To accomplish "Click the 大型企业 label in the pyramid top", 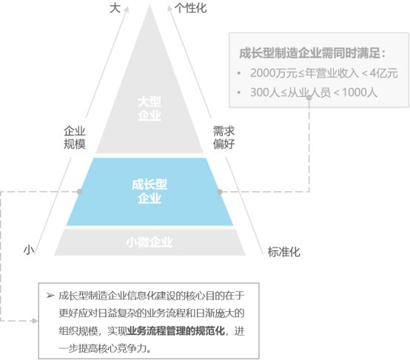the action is click(x=149, y=109).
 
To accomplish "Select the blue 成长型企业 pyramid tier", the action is click(x=149, y=191).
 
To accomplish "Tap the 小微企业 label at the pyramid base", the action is click(x=149, y=242).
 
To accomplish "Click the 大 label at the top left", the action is click(x=115, y=8).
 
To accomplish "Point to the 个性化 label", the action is click(x=191, y=8).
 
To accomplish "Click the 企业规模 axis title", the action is click(x=75, y=137).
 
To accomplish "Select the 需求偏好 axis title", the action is click(x=224, y=137).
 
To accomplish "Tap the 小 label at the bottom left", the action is click(x=29, y=250).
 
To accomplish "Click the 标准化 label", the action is click(x=284, y=252).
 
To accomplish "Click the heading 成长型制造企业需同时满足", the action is click(x=310, y=53).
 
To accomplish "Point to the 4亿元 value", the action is click(x=384, y=73).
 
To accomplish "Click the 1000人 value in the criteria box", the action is click(x=360, y=92).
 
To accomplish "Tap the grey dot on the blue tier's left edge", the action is click(x=80, y=191).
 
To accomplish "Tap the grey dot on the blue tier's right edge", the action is click(x=220, y=191).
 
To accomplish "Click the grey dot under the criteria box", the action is click(x=309, y=98).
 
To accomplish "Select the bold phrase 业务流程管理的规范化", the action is click(x=175, y=331).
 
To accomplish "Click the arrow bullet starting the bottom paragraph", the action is click(x=50, y=296).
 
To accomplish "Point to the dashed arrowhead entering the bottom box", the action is click(x=35, y=321).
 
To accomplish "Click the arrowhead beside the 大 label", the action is click(x=127, y=9).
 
